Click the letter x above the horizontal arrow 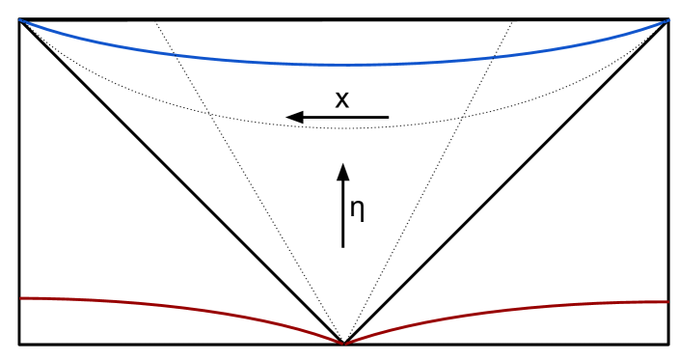coord(341,98)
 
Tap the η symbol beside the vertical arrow coord(357,209)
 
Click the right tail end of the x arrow coord(388,118)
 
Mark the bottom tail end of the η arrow coord(342,247)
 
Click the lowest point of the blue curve coord(344,66)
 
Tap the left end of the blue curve coord(21,21)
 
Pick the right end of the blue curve coord(666,21)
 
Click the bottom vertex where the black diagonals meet coord(343,343)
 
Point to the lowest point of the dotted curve coord(344,128)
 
